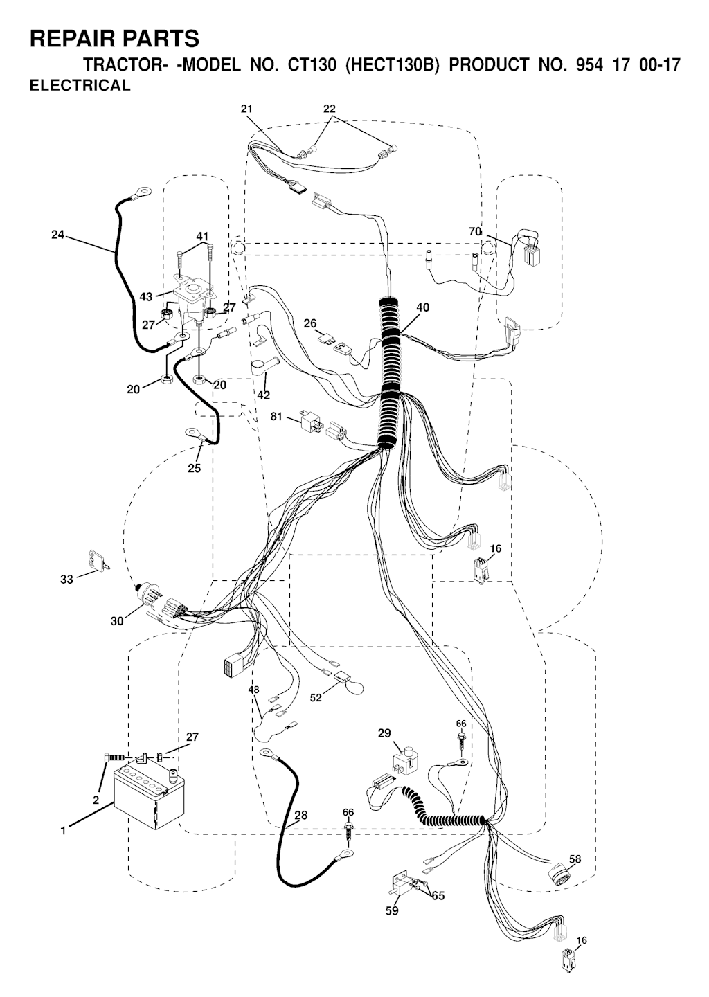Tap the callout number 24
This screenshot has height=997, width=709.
tap(57, 235)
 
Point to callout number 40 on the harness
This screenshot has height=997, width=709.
tap(422, 307)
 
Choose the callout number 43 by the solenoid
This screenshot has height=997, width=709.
tap(145, 296)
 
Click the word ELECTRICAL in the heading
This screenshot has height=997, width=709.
tap(80, 86)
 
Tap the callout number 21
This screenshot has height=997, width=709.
tap(247, 109)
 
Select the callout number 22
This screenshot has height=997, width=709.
tap(330, 109)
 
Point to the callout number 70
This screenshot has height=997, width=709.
tap(475, 232)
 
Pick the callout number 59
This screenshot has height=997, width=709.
tap(392, 911)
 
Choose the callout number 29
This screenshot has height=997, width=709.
tap(384, 733)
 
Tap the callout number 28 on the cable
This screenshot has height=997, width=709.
tap(300, 816)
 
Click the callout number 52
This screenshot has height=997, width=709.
tap(316, 698)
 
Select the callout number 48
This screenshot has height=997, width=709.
tap(254, 690)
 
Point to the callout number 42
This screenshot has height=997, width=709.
tap(263, 395)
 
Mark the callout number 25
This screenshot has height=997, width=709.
tap(194, 469)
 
